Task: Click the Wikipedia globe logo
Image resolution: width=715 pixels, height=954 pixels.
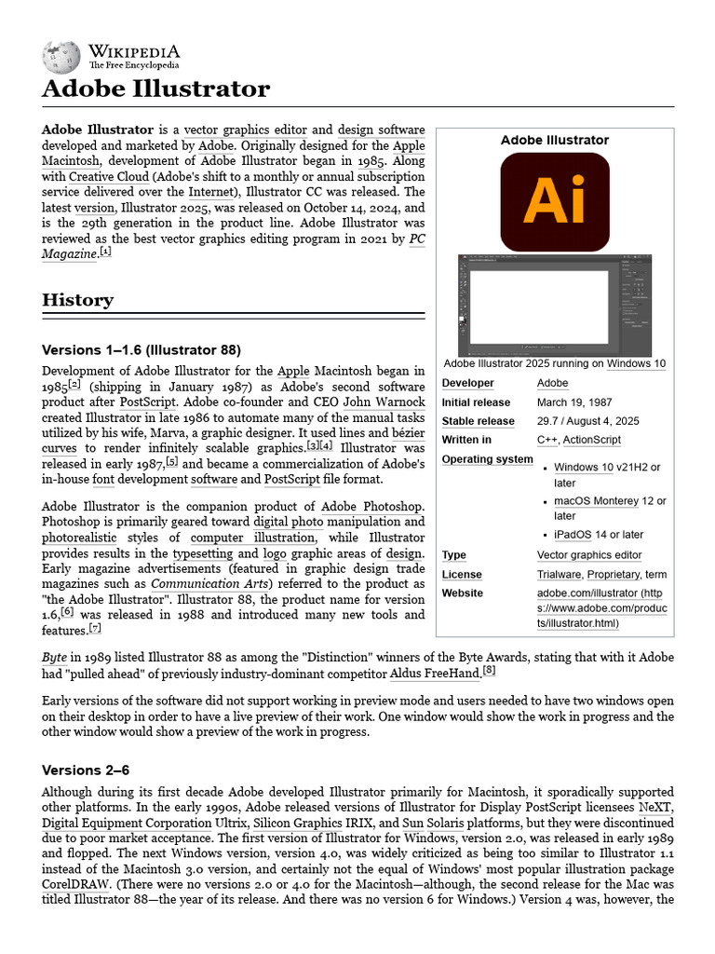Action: [61, 57]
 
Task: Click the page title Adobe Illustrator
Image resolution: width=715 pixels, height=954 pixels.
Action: [155, 89]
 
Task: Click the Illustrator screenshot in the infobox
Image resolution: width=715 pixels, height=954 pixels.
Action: [555, 304]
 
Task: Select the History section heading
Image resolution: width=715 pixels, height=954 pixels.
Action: [78, 300]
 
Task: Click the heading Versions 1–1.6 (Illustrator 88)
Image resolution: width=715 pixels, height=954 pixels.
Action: [142, 350]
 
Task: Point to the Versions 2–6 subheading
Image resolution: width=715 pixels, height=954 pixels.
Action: [86, 770]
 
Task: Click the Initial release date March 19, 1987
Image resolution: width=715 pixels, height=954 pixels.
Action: [575, 402]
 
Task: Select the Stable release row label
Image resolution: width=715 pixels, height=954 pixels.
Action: [478, 421]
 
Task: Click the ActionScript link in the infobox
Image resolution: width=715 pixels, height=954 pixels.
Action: [593, 440]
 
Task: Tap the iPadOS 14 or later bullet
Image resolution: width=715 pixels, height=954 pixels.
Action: [598, 535]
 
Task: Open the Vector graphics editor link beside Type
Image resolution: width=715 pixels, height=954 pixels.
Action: [588, 555]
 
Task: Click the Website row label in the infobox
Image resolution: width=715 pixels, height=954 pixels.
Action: [462, 593]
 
